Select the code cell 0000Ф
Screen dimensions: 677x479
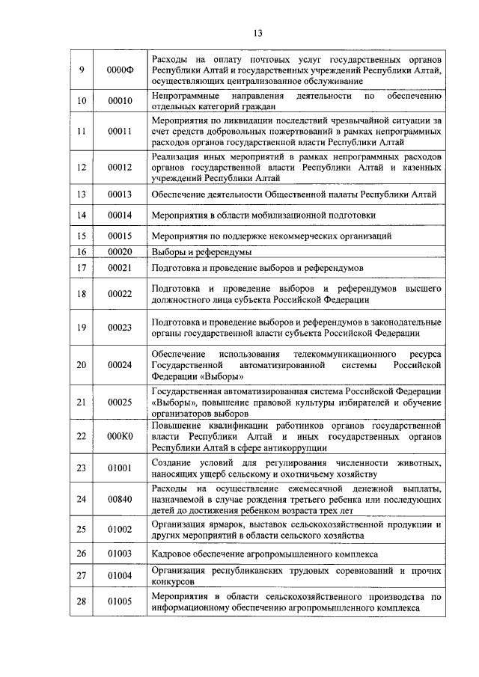(x=120, y=70)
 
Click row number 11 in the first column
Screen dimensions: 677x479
(x=82, y=131)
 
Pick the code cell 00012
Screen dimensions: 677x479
(x=120, y=167)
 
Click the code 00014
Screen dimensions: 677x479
(x=120, y=215)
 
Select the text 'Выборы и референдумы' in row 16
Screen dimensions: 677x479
(x=201, y=252)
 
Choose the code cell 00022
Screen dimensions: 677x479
(x=120, y=294)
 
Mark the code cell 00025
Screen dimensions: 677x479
(x=120, y=402)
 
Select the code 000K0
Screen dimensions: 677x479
(x=120, y=436)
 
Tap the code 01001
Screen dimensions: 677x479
(x=120, y=469)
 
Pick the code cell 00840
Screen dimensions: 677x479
(x=120, y=500)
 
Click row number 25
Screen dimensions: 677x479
(x=82, y=530)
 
